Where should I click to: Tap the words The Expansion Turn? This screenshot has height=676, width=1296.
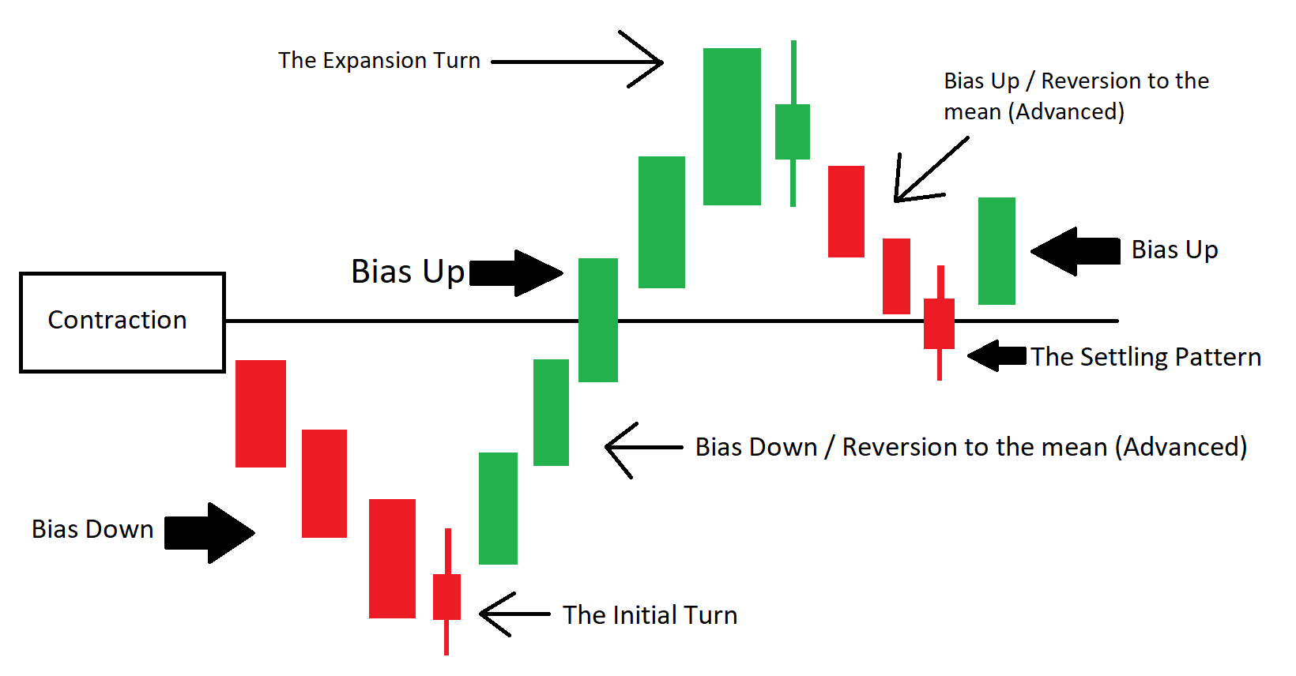point(379,60)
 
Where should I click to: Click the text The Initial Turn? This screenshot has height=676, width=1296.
point(650,614)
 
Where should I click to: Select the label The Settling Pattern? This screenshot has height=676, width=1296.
point(1146,358)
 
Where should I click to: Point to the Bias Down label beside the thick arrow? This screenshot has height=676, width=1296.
point(92,529)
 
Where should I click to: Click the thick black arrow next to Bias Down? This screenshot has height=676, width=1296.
point(209,532)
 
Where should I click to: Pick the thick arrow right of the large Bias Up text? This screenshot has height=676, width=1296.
point(516,273)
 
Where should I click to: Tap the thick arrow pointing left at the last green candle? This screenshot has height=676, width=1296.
point(1075,252)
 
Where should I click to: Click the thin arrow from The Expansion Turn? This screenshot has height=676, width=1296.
point(578,61)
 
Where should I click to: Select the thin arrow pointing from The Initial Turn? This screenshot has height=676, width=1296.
point(515,614)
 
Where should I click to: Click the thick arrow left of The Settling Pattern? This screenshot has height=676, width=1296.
point(996,355)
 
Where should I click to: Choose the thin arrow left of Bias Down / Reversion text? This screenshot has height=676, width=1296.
point(643,448)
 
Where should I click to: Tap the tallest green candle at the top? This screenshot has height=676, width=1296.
point(732,126)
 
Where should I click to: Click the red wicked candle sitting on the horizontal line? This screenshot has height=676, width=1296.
point(939,323)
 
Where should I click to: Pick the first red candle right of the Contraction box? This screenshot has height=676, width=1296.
point(260,414)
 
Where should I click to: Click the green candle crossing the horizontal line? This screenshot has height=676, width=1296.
point(598,320)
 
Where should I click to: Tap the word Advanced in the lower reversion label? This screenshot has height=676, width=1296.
point(1181,447)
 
